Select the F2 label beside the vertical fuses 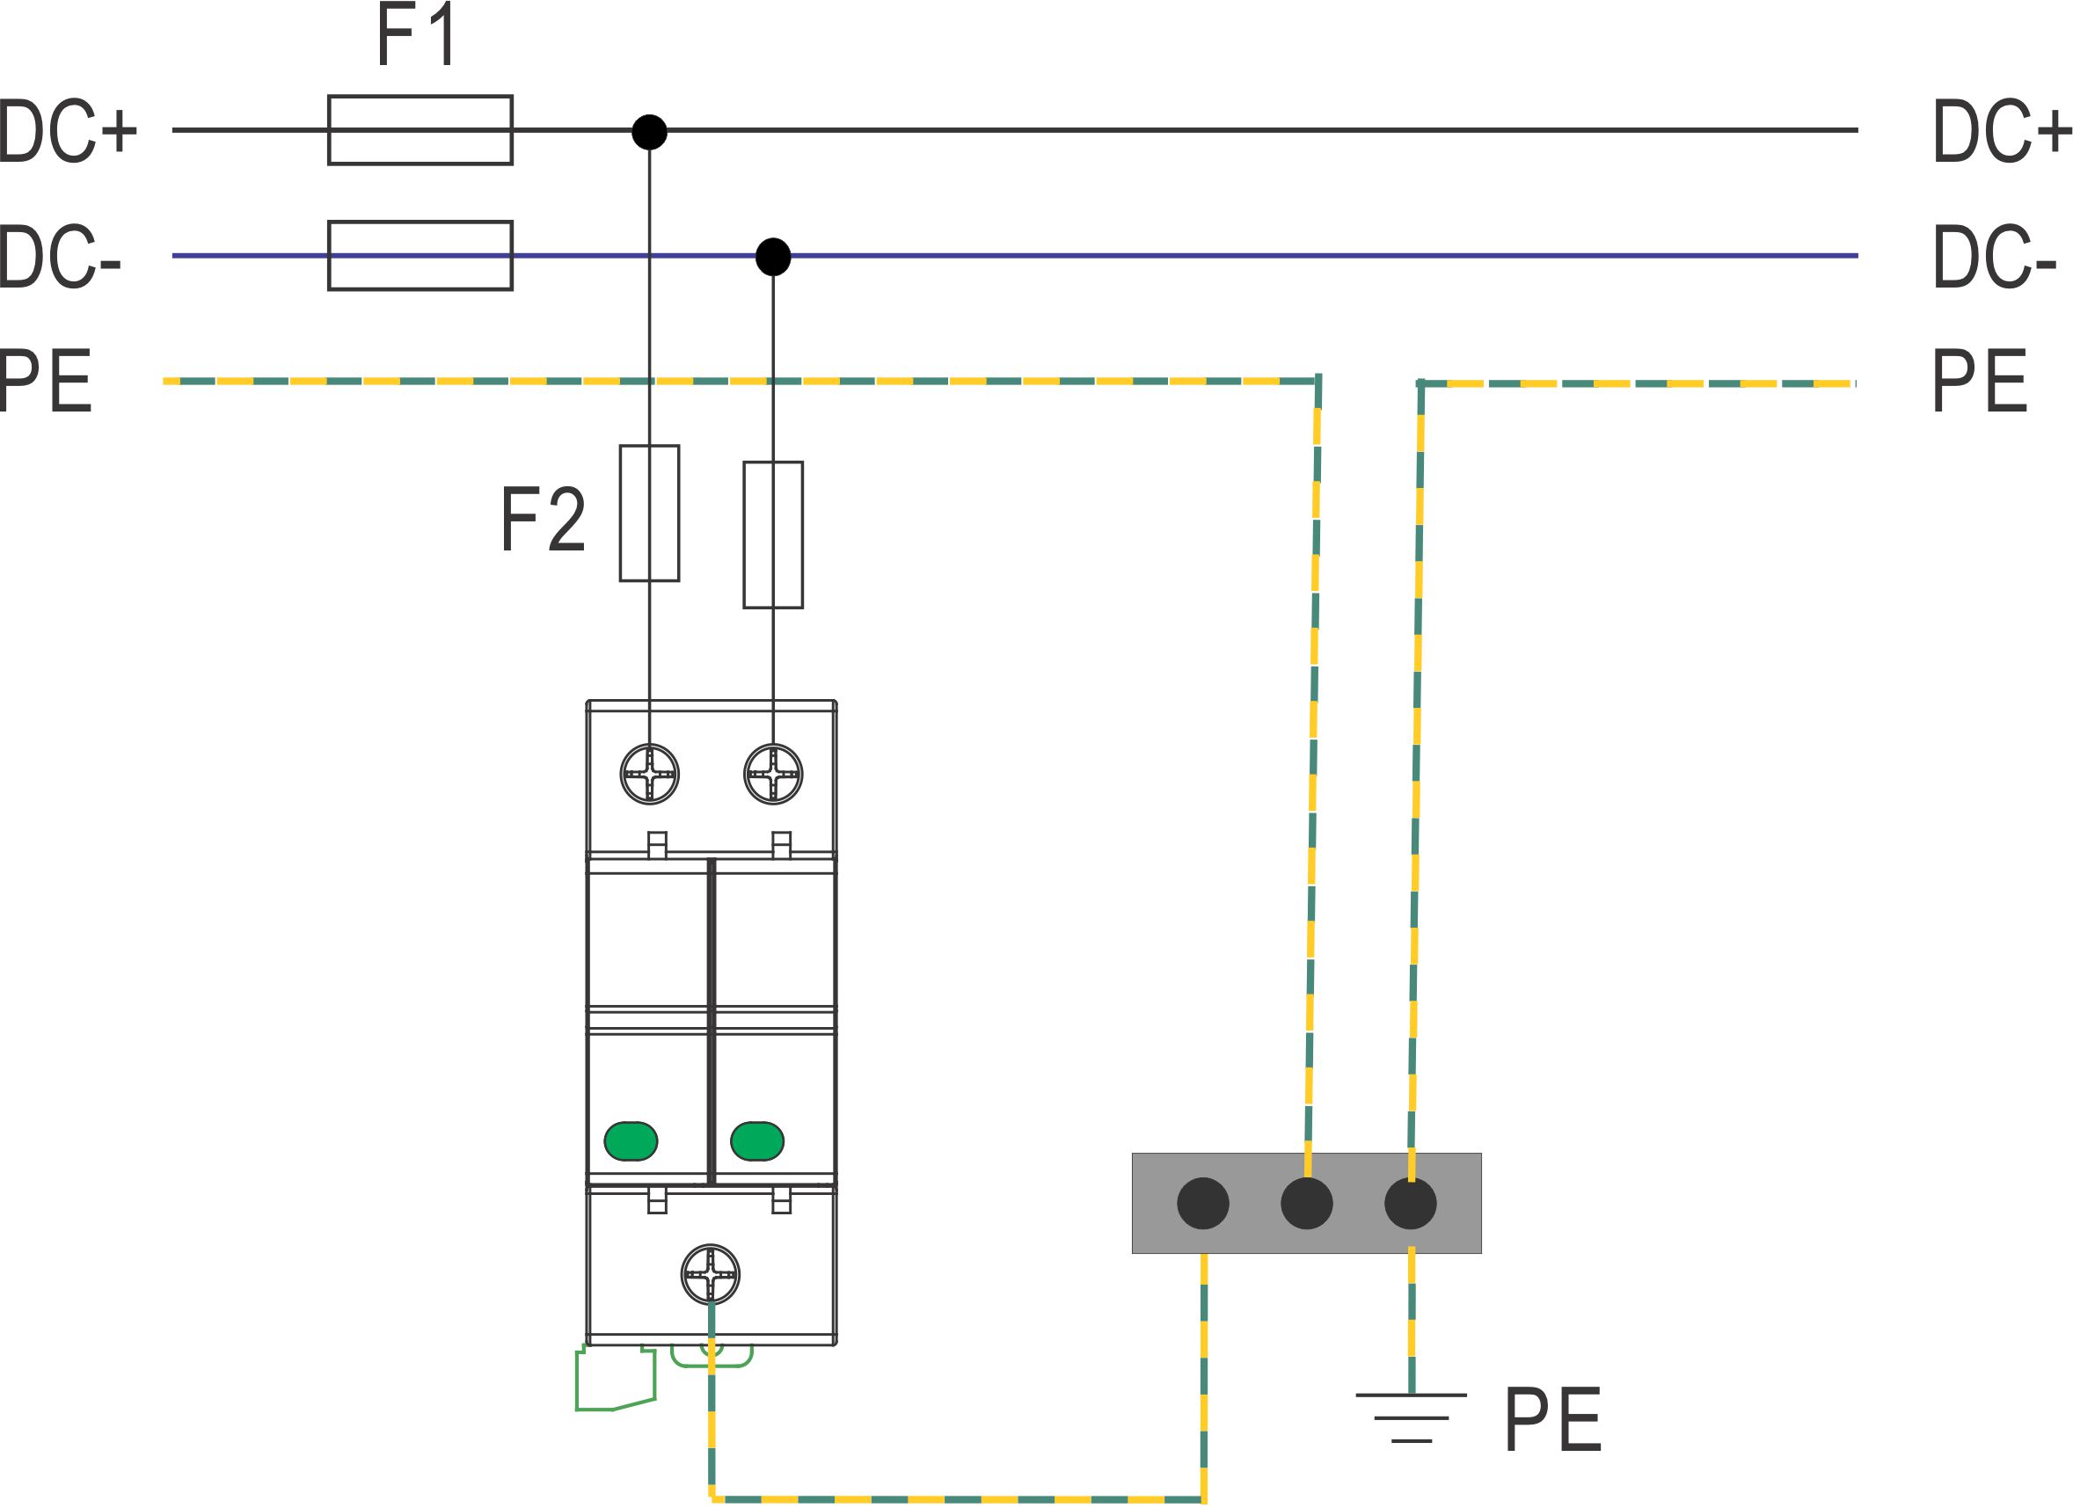(x=543, y=519)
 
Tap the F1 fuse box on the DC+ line (x=420, y=130)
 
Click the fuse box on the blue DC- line (x=420, y=256)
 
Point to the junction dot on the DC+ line (x=650, y=132)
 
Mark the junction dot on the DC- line (x=773, y=257)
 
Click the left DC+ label (x=67, y=132)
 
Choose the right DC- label (x=1995, y=257)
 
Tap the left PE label (x=46, y=381)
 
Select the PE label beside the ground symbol (x=1553, y=1419)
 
